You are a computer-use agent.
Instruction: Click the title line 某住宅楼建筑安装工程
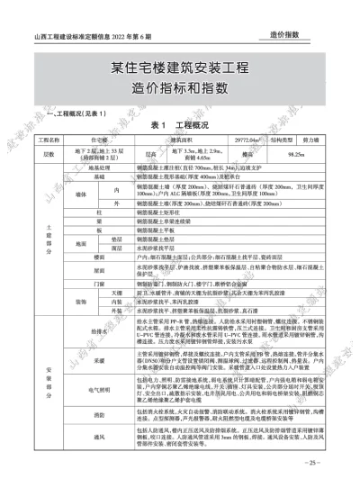pos(179,68)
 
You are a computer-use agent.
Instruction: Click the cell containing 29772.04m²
pos(241,140)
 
